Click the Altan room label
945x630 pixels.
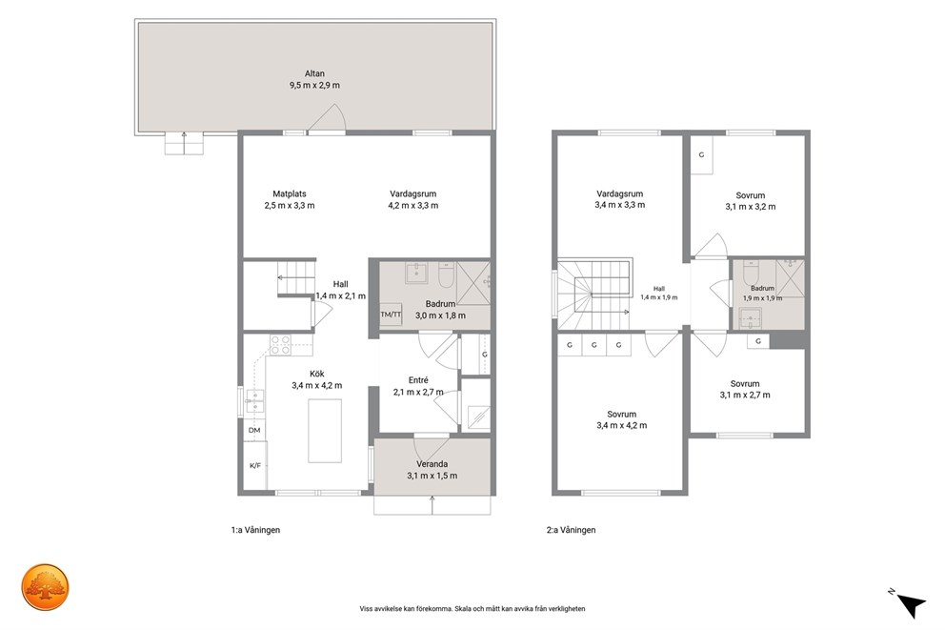[314, 73]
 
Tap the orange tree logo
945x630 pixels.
[45, 586]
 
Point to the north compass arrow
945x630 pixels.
[911, 604]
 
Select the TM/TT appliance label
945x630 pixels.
[391, 315]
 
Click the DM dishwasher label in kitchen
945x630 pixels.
[254, 430]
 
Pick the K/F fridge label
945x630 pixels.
[255, 465]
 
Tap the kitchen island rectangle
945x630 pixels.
[325, 431]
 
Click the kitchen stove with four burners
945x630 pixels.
[280, 345]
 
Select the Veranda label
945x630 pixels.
[432, 464]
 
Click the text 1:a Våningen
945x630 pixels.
[255, 530]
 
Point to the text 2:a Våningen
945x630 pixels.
[571, 530]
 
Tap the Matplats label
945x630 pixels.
[290, 194]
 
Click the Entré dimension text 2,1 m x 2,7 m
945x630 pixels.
[418, 392]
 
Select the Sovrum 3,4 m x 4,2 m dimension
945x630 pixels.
[621, 425]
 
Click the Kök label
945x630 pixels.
[317, 374]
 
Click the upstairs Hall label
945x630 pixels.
[658, 289]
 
